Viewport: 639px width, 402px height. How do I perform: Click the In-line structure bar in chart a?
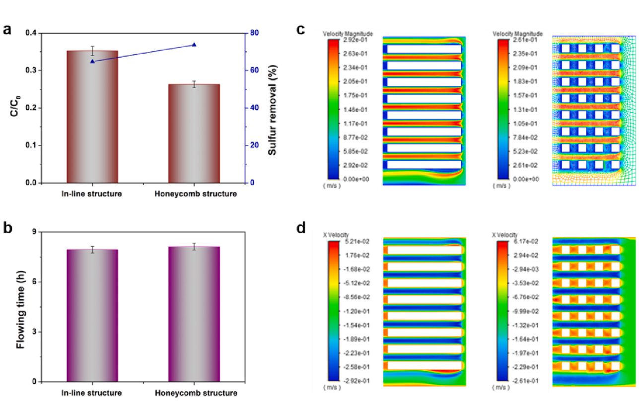click(92, 117)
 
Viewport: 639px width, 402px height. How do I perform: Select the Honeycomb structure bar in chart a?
click(194, 134)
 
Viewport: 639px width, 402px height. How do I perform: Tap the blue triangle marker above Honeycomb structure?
click(194, 45)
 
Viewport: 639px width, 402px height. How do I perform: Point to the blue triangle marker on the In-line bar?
click(92, 62)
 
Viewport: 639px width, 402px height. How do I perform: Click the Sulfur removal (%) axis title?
click(273, 110)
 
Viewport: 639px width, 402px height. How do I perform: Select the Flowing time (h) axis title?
click(20, 310)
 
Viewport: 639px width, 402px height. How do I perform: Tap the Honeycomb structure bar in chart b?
click(194, 314)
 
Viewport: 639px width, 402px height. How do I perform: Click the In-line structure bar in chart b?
click(92, 316)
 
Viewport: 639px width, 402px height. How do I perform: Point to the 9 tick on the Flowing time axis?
click(34, 232)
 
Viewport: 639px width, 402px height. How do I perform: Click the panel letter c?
click(301, 29)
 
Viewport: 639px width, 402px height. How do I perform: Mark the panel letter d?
click(301, 228)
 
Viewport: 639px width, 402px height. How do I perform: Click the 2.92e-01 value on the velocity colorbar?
click(355, 40)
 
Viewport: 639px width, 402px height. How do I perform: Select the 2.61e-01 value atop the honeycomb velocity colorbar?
click(525, 40)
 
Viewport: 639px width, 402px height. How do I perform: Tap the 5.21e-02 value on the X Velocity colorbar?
click(357, 242)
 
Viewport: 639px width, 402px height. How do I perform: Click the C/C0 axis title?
click(15, 106)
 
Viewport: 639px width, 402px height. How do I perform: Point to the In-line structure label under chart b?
click(91, 393)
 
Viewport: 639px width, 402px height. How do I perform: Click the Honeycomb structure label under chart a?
click(196, 194)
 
